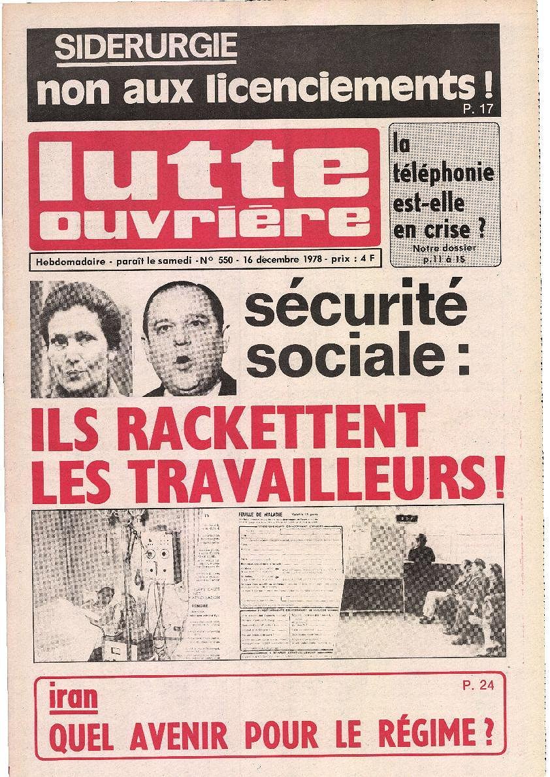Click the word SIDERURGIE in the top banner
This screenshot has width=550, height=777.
point(146,48)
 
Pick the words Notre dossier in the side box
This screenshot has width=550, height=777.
point(445,249)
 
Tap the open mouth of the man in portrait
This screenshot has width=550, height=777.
point(184,360)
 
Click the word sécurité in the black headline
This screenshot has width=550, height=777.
point(355,307)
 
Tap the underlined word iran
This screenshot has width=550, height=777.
point(74,699)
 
